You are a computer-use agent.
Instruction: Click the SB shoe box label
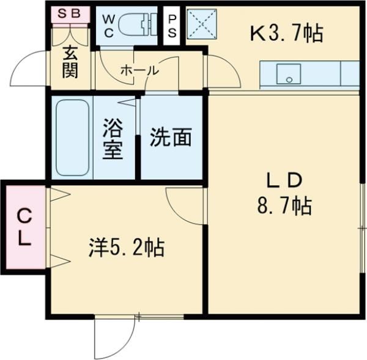pyautogui.click(x=70, y=13)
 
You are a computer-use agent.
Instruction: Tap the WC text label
pyautogui.click(x=108, y=26)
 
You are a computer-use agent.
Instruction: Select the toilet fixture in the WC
pyautogui.click(x=136, y=25)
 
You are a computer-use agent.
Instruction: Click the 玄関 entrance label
pyautogui.click(x=70, y=62)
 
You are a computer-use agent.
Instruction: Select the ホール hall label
pyautogui.click(x=139, y=70)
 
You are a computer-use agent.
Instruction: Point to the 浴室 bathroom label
pyautogui.click(x=113, y=138)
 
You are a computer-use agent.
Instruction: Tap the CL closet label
pyautogui.click(x=24, y=226)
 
